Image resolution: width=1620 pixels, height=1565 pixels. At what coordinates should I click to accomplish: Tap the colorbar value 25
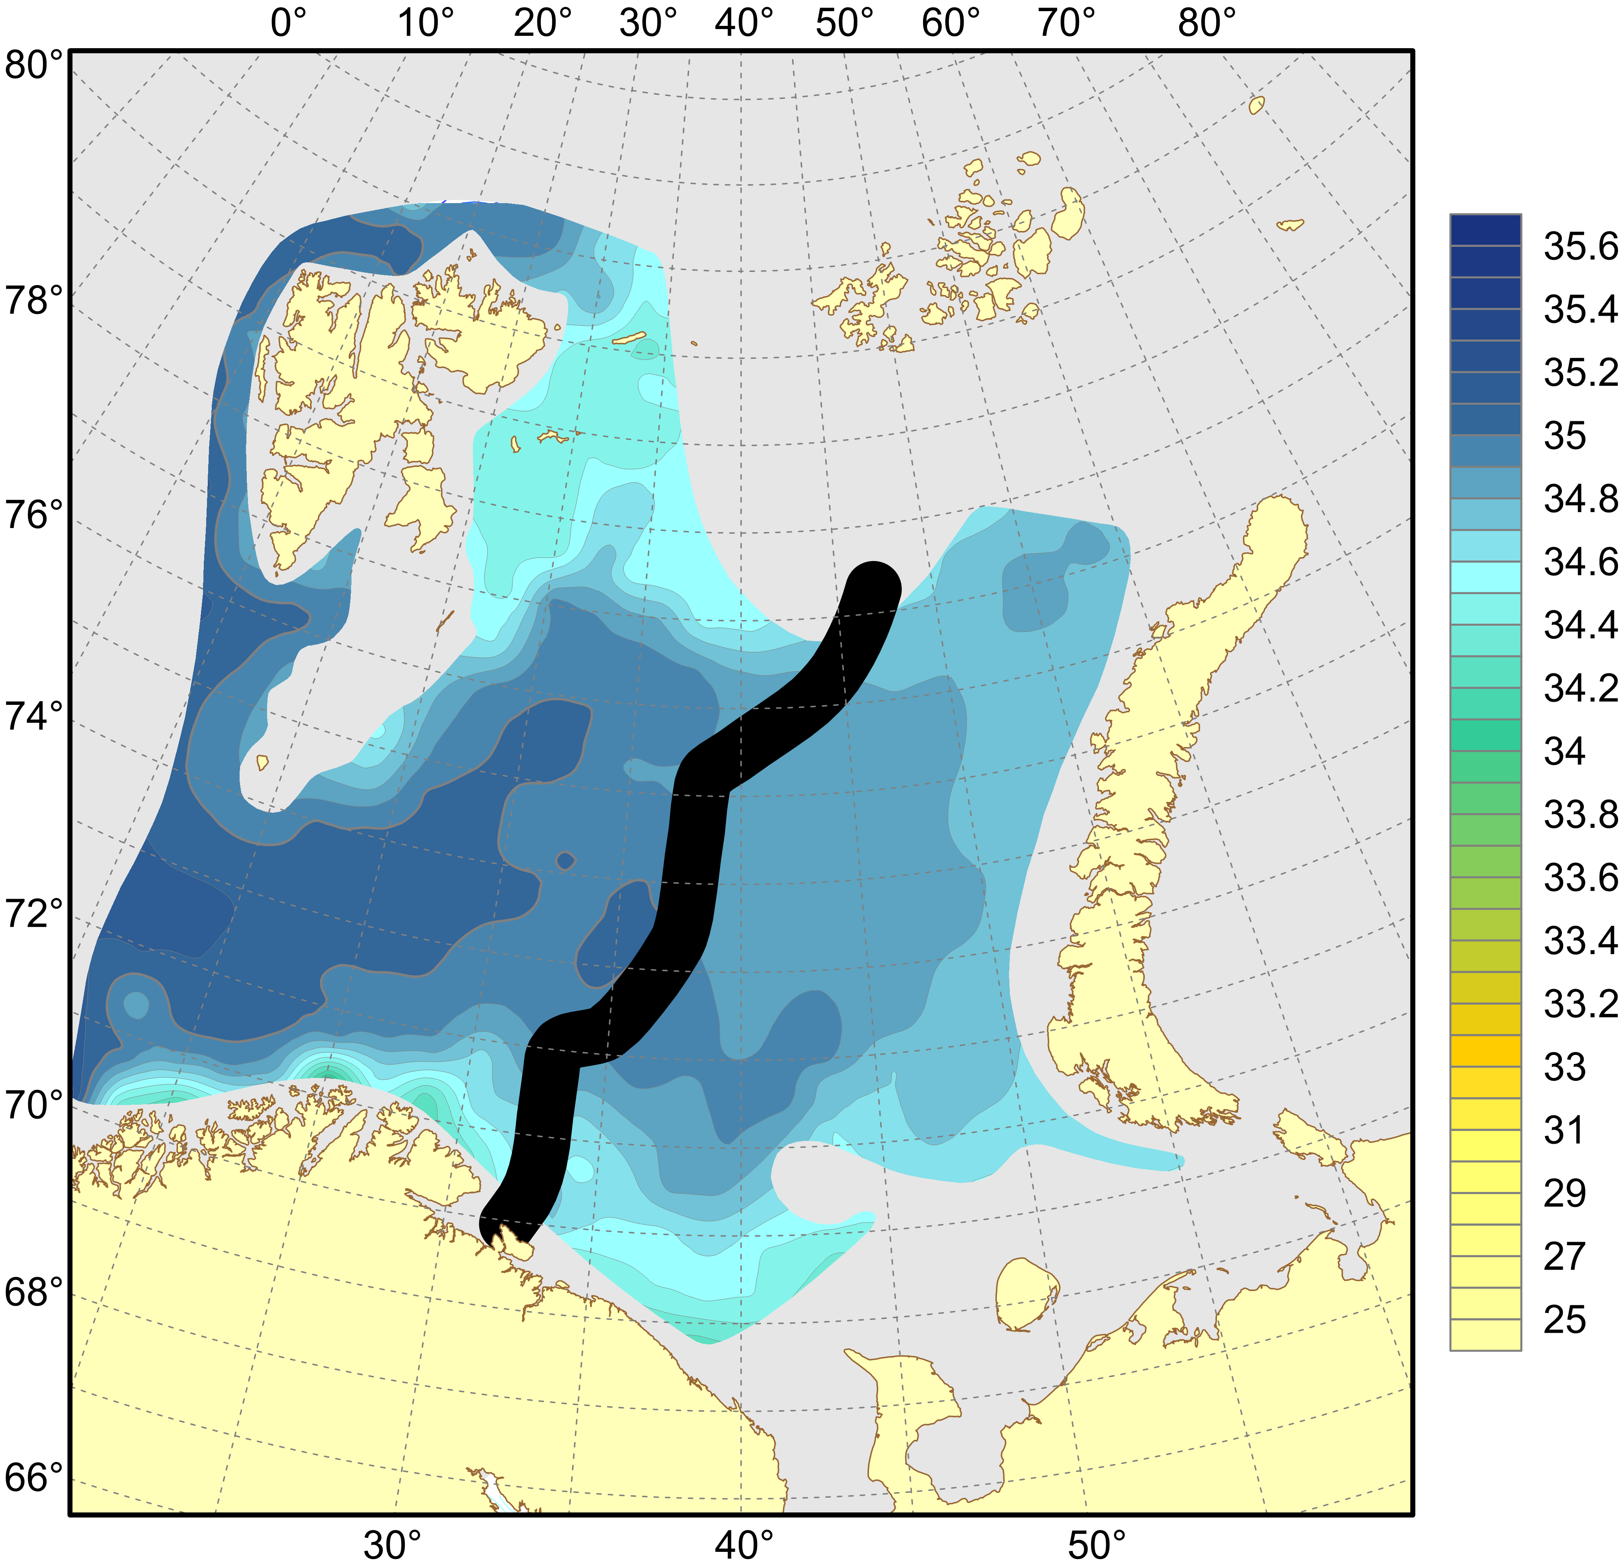[1565, 1319]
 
